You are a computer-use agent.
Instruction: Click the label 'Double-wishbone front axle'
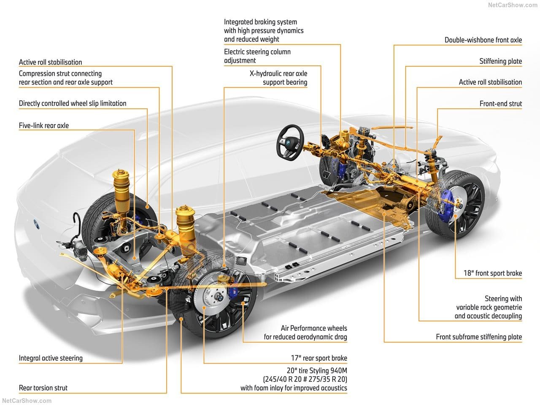tap(483, 40)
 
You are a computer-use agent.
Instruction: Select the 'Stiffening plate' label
tap(501, 61)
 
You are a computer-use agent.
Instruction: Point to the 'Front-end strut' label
tap(501, 103)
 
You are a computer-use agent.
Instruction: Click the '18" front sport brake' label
tap(493, 273)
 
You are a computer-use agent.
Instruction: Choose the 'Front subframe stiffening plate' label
tap(479, 337)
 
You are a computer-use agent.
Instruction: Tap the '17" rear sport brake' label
tap(319, 358)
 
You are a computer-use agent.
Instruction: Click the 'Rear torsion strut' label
tap(43, 388)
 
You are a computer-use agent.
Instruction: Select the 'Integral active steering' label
tap(51, 358)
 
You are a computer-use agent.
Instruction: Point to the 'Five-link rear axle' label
tap(44, 125)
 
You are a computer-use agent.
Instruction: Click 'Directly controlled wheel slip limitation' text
tap(73, 103)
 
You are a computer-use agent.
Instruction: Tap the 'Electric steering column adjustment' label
tap(257, 56)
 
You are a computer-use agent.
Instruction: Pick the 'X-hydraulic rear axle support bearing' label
tap(278, 78)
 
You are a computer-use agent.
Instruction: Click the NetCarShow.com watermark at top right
tap(513, 5)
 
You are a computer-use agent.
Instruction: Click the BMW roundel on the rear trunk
tap(36, 223)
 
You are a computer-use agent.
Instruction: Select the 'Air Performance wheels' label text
tap(314, 328)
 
